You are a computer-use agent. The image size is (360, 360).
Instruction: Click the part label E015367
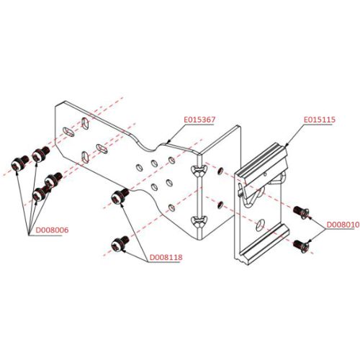coord(199,120)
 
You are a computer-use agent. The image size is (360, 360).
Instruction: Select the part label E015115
coord(319,120)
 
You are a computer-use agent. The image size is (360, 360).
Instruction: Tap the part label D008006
coord(52,230)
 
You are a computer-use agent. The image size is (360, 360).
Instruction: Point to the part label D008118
coord(166,257)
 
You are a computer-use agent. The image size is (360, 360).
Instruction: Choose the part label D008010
coord(343,225)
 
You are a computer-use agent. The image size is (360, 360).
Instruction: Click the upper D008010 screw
coord(301,212)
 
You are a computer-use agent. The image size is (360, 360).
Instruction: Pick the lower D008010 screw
coord(301,246)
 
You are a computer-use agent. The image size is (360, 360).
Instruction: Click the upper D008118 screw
coord(120,196)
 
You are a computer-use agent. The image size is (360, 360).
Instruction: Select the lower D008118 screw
coord(120,243)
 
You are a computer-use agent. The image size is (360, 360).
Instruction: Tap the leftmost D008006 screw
coord(20,163)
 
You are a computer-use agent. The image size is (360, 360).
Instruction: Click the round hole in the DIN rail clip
coord(260,225)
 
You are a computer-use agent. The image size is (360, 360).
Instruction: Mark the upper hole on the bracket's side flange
coord(220,171)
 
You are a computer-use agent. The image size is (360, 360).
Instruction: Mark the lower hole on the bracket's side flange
coord(220,204)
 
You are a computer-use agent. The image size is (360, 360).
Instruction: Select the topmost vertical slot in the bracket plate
coord(85,124)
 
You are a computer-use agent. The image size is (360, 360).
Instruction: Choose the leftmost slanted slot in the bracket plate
coord(68,132)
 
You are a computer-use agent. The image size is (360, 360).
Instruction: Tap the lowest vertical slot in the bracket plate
coord(85,158)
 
